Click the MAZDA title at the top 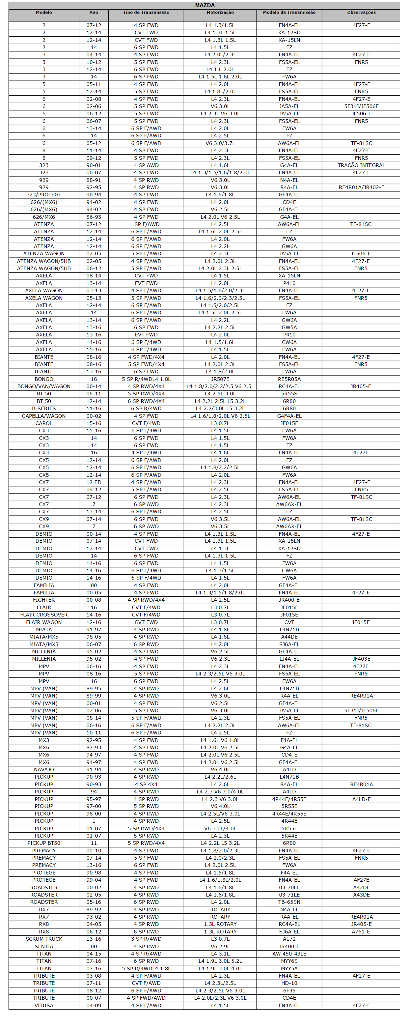pos(205,5)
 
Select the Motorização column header pos(220,13)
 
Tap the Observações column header pos(361,13)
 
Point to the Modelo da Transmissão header pos(289,13)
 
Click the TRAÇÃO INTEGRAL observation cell pos(361,165)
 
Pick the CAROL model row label pos(44,423)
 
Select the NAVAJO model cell pos(44,769)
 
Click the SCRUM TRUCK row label pos(44,939)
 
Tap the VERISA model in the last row pos(44,1005)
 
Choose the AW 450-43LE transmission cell pos(289,954)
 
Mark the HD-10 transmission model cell pos(289,983)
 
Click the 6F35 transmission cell pos(289,990)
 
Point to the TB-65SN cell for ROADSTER pos(289,902)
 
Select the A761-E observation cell pos(361,931)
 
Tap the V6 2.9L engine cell pos(220,947)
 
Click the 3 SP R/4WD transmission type pos(146,939)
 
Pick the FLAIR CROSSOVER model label pos(44,614)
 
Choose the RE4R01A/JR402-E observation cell pos(361,187)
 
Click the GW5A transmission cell pos(289,327)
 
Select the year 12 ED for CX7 pos(94,482)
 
